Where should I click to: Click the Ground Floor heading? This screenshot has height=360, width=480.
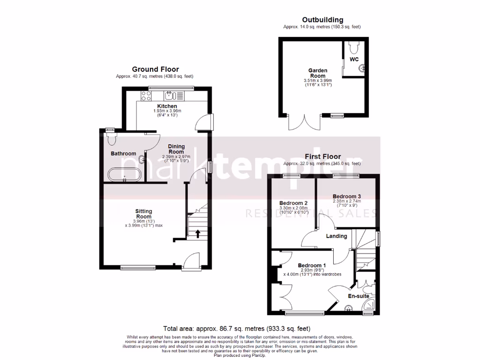click(155, 69)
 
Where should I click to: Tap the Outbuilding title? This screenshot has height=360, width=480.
click(322, 20)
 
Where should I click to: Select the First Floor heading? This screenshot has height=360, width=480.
click(322, 157)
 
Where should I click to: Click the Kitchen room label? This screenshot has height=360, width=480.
click(167, 106)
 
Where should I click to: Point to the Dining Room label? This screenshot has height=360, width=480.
click(176, 149)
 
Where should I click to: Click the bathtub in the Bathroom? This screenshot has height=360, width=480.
click(124, 174)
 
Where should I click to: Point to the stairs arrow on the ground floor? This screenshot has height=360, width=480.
click(197, 233)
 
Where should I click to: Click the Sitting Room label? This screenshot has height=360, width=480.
click(143, 214)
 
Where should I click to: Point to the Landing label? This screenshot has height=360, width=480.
click(337, 236)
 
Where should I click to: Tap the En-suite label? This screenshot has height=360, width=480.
click(358, 296)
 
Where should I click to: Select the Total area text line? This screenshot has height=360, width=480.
click(236, 329)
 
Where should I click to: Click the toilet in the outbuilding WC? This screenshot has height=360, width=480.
click(355, 47)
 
